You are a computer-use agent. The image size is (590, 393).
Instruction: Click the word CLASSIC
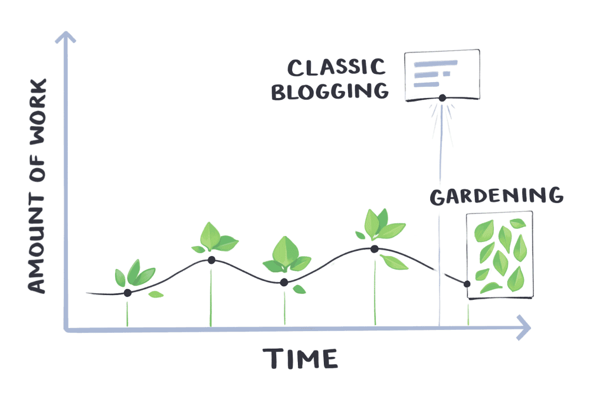336,66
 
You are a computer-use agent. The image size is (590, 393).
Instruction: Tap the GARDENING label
496,196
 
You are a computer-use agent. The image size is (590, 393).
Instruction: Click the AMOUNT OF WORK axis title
37,187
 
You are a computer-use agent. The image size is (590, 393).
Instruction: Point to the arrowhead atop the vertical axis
65,38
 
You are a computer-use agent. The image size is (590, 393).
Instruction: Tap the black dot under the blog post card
441,98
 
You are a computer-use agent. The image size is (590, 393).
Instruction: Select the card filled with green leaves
499,254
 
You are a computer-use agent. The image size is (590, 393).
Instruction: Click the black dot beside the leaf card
467,284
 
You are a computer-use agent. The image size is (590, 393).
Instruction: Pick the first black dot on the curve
127,293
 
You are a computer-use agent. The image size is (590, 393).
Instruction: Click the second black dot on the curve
211,260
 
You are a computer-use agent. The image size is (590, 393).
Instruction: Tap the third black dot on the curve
284,283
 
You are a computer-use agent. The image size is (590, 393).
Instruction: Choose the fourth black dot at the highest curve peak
374,248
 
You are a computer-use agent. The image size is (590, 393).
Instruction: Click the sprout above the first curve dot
135,273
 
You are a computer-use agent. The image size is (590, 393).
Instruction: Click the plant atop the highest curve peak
381,225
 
